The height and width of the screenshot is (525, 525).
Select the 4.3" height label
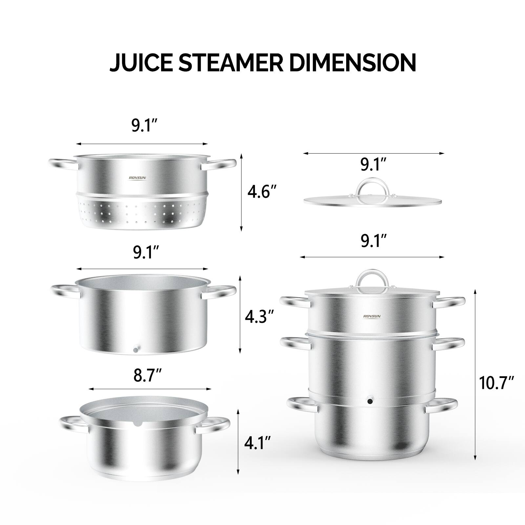260,317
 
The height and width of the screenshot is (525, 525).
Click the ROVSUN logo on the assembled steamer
372,316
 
